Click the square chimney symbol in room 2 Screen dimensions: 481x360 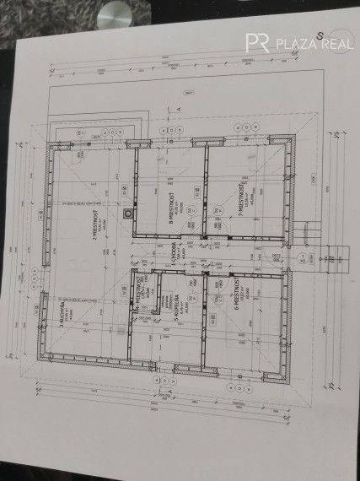[127, 213]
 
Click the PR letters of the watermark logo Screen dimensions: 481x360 [257, 43]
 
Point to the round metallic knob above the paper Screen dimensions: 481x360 [112, 14]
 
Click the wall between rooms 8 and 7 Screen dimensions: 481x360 [205, 194]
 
